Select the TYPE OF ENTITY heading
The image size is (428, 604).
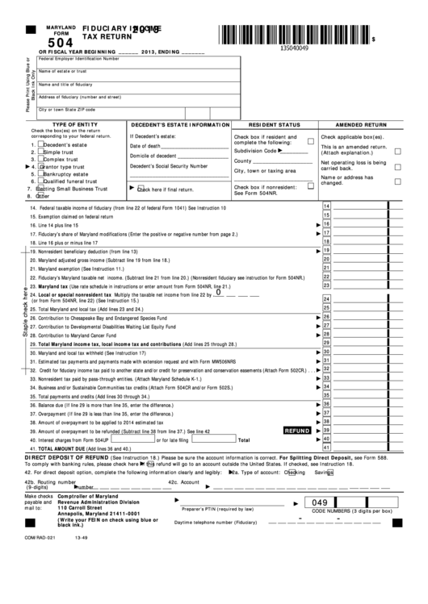pyautogui.click(x=74, y=125)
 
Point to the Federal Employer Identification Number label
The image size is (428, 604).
pyautogui.click(x=79, y=59)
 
